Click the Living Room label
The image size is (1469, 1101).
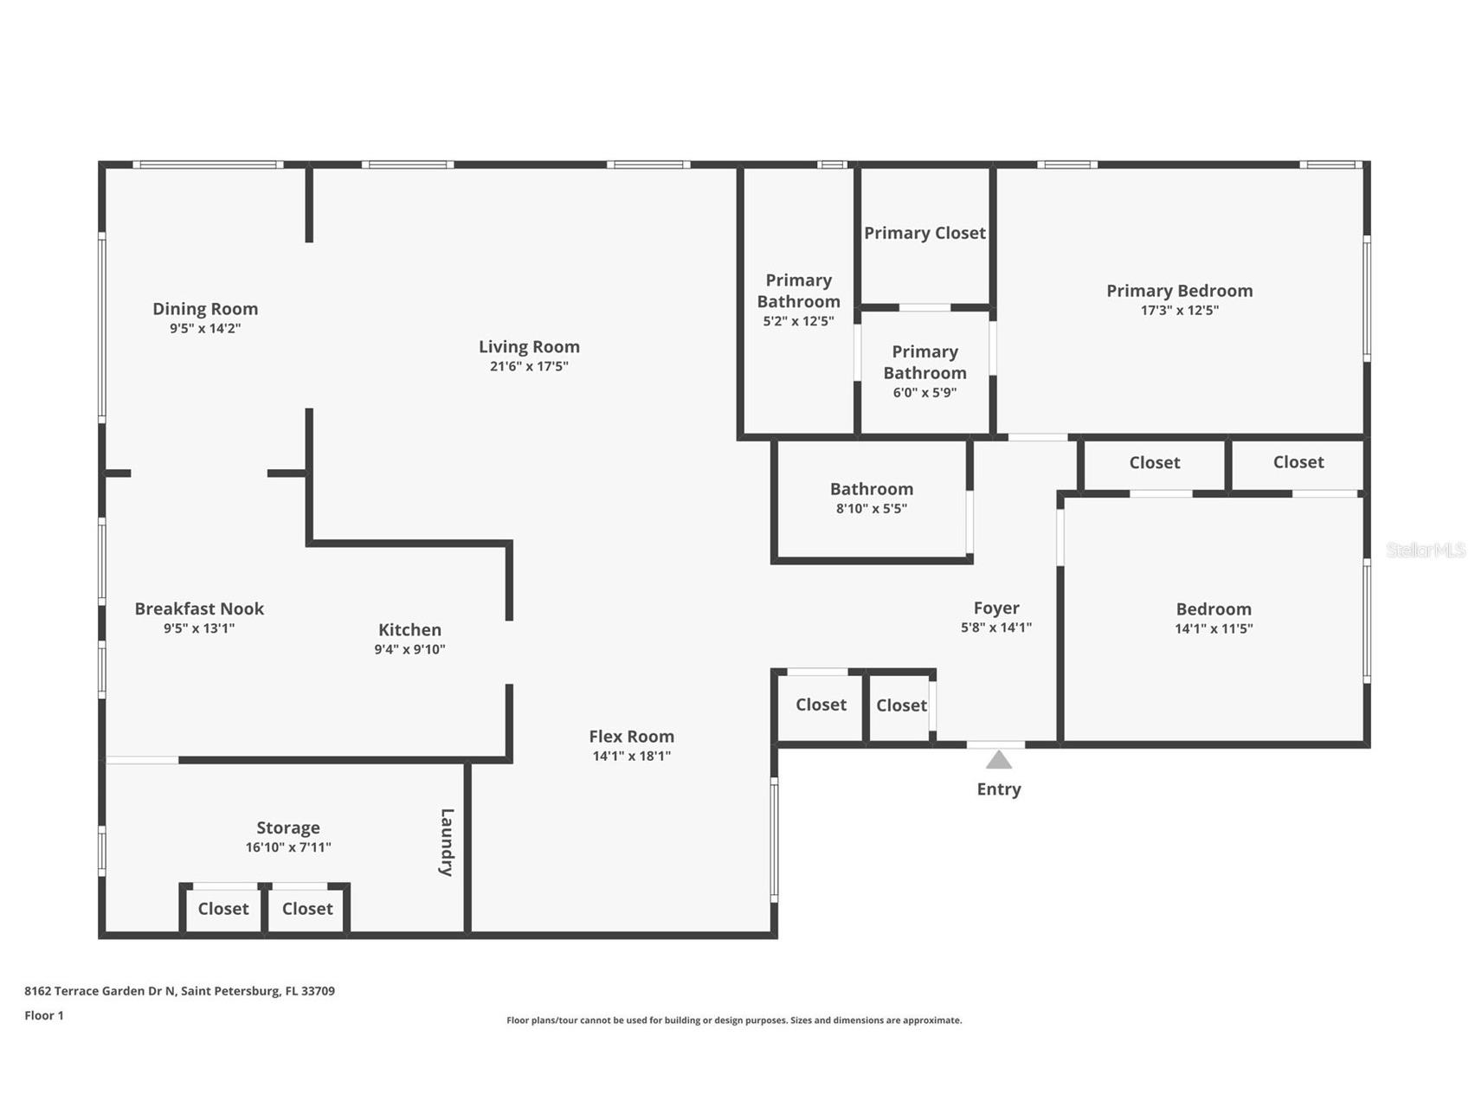pyautogui.click(x=529, y=346)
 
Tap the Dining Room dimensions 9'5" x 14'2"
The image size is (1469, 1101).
pyautogui.click(x=205, y=329)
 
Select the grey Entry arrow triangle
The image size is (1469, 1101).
pyautogui.click(x=998, y=760)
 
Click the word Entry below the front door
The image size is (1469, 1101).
pyautogui.click(x=998, y=789)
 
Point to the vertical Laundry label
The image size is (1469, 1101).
pyautogui.click(x=447, y=842)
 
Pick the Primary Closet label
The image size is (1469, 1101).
pyautogui.click(x=925, y=233)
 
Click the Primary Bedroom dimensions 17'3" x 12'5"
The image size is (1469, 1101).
pyautogui.click(x=1179, y=311)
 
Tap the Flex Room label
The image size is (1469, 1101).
pyautogui.click(x=631, y=737)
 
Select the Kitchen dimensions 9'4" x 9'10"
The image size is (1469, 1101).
pyautogui.click(x=409, y=650)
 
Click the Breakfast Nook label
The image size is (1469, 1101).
pyautogui.click(x=199, y=608)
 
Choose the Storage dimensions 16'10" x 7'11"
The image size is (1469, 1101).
pyautogui.click(x=288, y=847)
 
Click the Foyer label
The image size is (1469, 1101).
pyautogui.click(x=996, y=608)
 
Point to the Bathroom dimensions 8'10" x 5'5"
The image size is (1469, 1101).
pyautogui.click(x=871, y=509)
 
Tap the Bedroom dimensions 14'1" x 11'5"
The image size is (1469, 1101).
pyautogui.click(x=1214, y=629)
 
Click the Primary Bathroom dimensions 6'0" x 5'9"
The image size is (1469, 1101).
pyautogui.click(x=925, y=393)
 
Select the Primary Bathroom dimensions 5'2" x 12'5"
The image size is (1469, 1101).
pyautogui.click(x=798, y=321)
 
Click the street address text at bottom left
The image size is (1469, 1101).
pyautogui.click(x=179, y=991)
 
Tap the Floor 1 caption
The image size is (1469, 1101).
pyautogui.click(x=44, y=1015)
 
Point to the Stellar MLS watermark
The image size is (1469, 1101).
pyautogui.click(x=1425, y=550)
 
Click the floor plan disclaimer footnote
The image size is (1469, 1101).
pyautogui.click(x=734, y=1021)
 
